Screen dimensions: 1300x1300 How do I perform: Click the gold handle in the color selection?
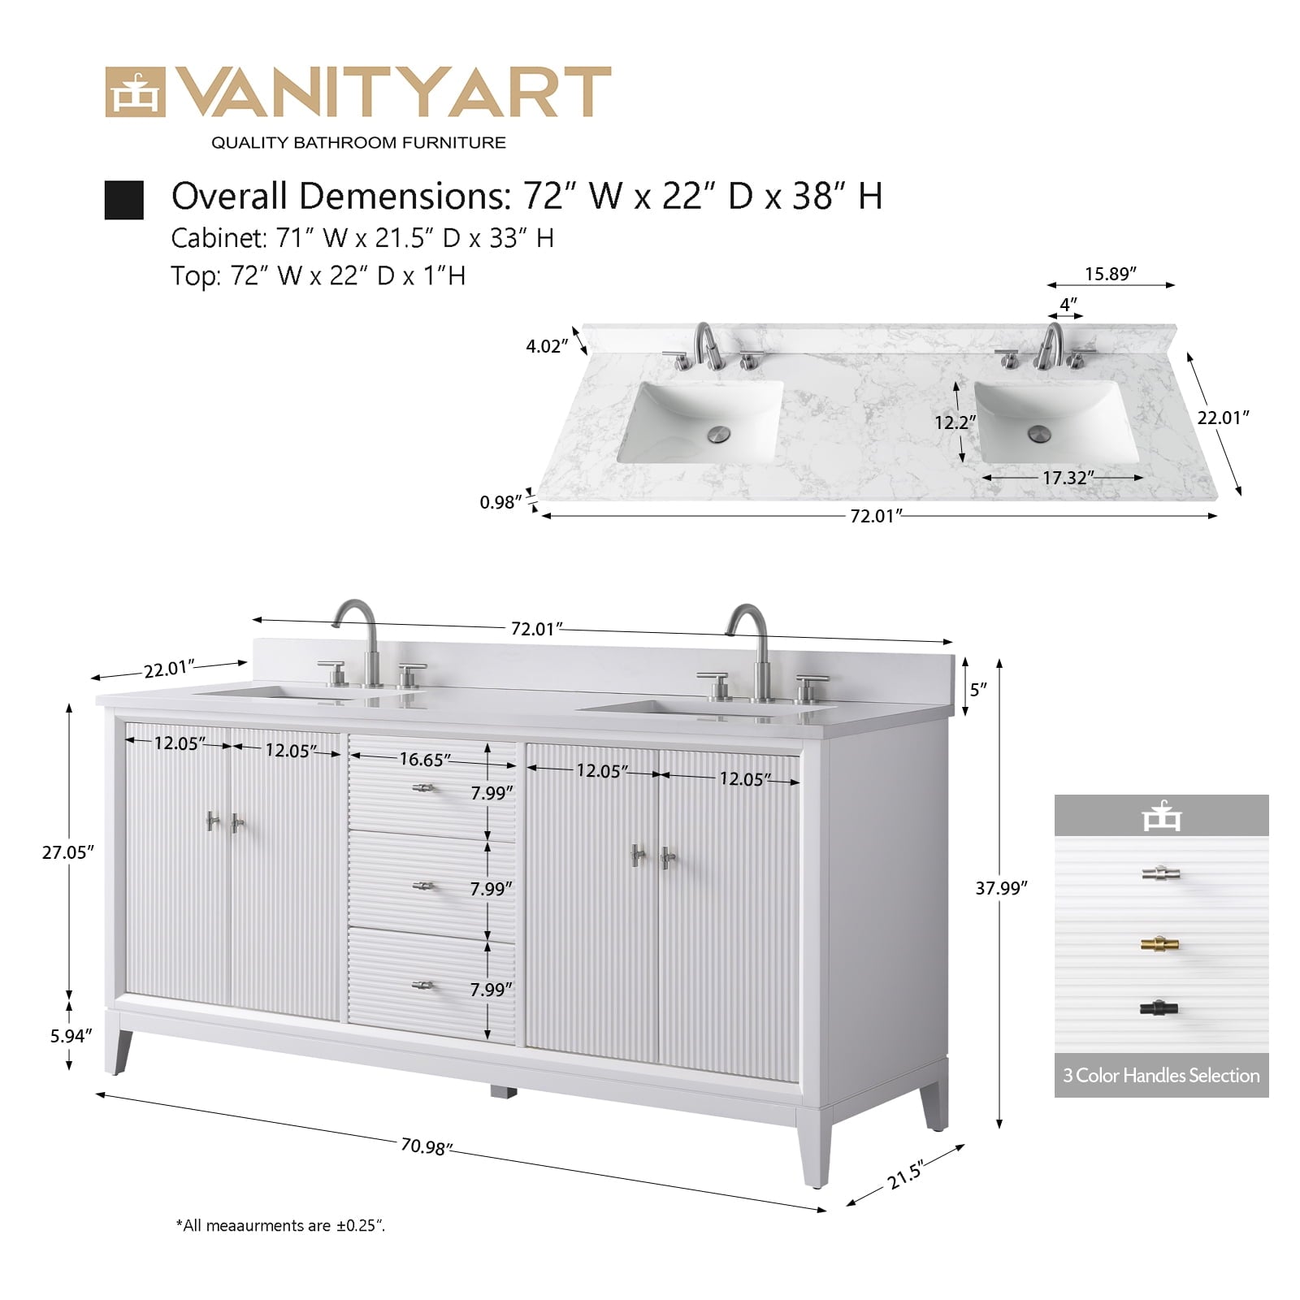pos(1160,944)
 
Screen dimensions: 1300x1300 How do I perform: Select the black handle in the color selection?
pos(1160,1008)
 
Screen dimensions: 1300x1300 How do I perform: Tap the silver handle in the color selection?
pos(1160,873)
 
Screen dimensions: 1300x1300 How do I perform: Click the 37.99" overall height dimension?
pos(1001,888)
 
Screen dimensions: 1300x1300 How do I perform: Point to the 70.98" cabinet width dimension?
pos(426,1146)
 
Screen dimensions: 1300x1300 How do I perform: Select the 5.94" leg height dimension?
pos(71,1036)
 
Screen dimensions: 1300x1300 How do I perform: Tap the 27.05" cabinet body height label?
pos(68,852)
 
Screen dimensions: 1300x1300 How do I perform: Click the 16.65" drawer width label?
pos(425,760)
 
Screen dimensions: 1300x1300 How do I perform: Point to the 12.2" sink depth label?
pos(955,422)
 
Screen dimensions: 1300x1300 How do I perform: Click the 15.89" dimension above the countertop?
pos(1111,274)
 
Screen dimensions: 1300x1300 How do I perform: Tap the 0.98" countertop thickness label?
pos(500,502)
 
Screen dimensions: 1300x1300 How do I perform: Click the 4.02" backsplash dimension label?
pos(547,346)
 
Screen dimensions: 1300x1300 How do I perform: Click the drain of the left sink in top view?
pos(719,434)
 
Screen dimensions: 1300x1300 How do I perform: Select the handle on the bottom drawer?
pos(422,986)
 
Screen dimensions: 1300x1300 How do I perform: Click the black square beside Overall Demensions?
pos(123,200)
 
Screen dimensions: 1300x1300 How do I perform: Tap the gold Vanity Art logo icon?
pos(135,92)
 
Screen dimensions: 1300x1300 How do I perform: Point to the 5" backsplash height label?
pos(978,689)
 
